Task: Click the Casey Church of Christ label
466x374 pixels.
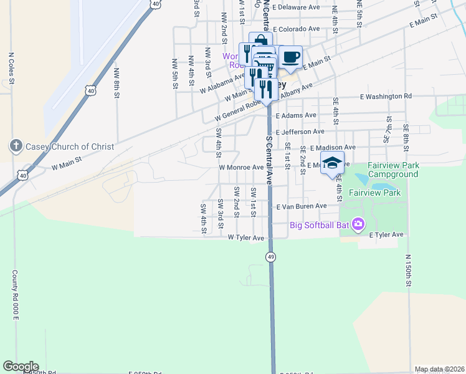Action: click(70, 147)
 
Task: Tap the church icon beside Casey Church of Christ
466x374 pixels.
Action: click(16, 146)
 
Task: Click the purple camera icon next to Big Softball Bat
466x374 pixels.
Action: click(358, 224)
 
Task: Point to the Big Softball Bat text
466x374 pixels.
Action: click(318, 224)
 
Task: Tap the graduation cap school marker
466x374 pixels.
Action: click(333, 163)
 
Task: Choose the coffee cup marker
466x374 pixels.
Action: click(290, 57)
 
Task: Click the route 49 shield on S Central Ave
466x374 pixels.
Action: click(270, 257)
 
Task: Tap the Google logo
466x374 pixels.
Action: click(21, 367)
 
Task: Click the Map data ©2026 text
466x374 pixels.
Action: click(439, 369)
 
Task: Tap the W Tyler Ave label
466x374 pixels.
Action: click(247, 237)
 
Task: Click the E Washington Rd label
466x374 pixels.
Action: click(386, 97)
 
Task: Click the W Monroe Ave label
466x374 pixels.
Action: click(241, 168)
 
